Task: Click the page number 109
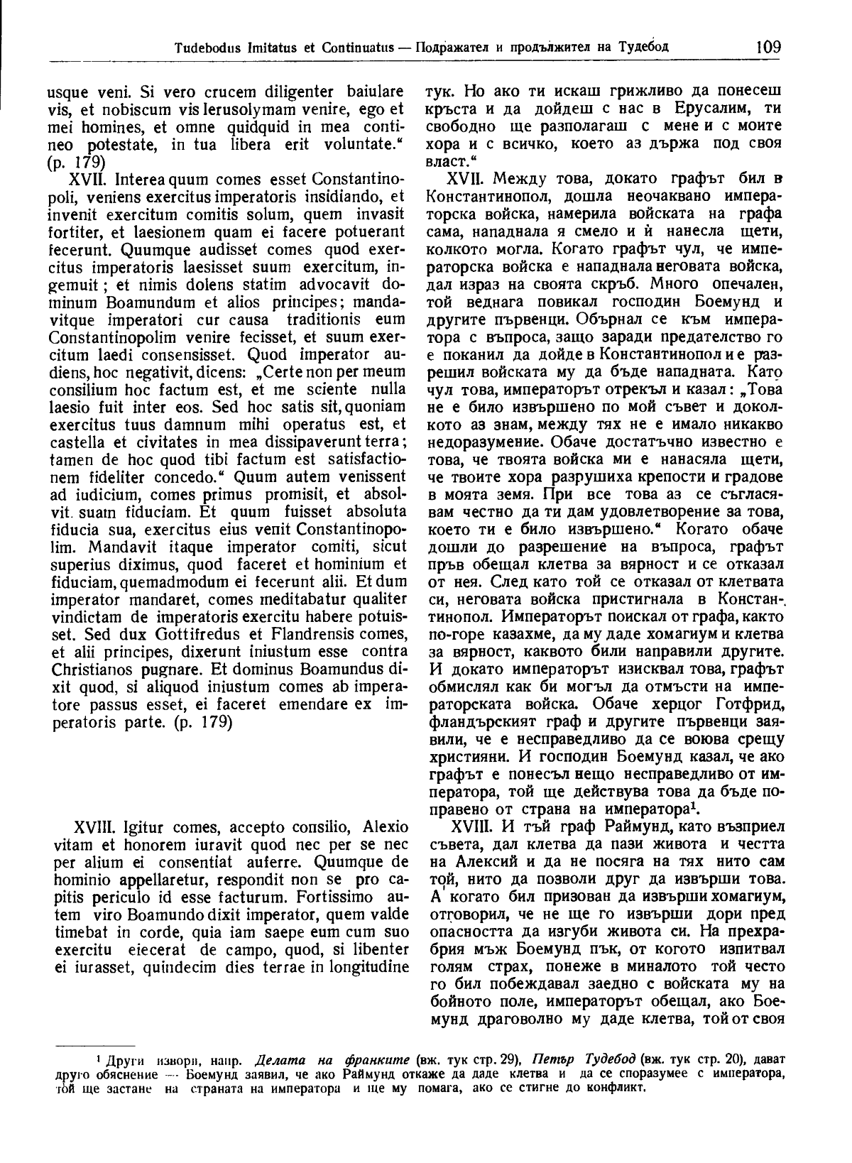(x=768, y=48)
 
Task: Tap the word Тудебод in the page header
(x=641, y=49)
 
